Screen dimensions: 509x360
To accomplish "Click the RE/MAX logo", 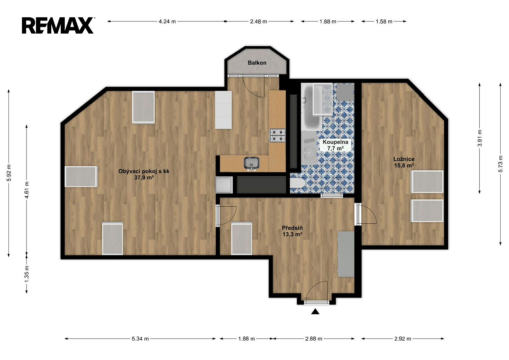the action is pyautogui.click(x=58, y=25).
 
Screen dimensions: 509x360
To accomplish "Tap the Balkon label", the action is pyautogui.click(x=257, y=63).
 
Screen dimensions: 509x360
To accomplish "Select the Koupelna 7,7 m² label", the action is pyautogui.click(x=335, y=145).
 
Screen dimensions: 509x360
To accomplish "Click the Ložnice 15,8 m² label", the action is pyautogui.click(x=404, y=162).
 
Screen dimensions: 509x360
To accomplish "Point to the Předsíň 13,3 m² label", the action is pyautogui.click(x=292, y=231).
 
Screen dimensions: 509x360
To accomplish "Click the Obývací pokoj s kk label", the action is pyautogui.click(x=144, y=171).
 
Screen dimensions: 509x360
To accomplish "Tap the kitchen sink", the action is pyautogui.click(x=252, y=163).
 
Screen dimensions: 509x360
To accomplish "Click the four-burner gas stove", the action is pyautogui.click(x=277, y=135).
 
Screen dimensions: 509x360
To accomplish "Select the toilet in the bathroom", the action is pyautogui.click(x=298, y=183).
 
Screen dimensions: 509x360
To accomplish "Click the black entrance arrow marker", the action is pyautogui.click(x=315, y=311).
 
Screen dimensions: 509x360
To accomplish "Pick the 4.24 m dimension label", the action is pyautogui.click(x=167, y=22).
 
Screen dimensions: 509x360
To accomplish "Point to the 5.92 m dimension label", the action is pyautogui.click(x=9, y=173).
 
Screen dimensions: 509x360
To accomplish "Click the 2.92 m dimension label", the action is pyautogui.click(x=403, y=339).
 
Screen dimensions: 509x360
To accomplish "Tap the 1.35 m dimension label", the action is pyautogui.click(x=27, y=274).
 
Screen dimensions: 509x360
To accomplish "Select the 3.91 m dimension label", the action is pyautogui.click(x=479, y=138).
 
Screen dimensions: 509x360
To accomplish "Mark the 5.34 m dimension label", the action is pyautogui.click(x=140, y=339).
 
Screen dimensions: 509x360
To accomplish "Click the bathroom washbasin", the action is pyautogui.click(x=309, y=153).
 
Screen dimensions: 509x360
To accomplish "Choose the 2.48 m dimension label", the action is pyautogui.click(x=259, y=22).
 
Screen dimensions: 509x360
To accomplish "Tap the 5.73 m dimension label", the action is pyautogui.click(x=500, y=164).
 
